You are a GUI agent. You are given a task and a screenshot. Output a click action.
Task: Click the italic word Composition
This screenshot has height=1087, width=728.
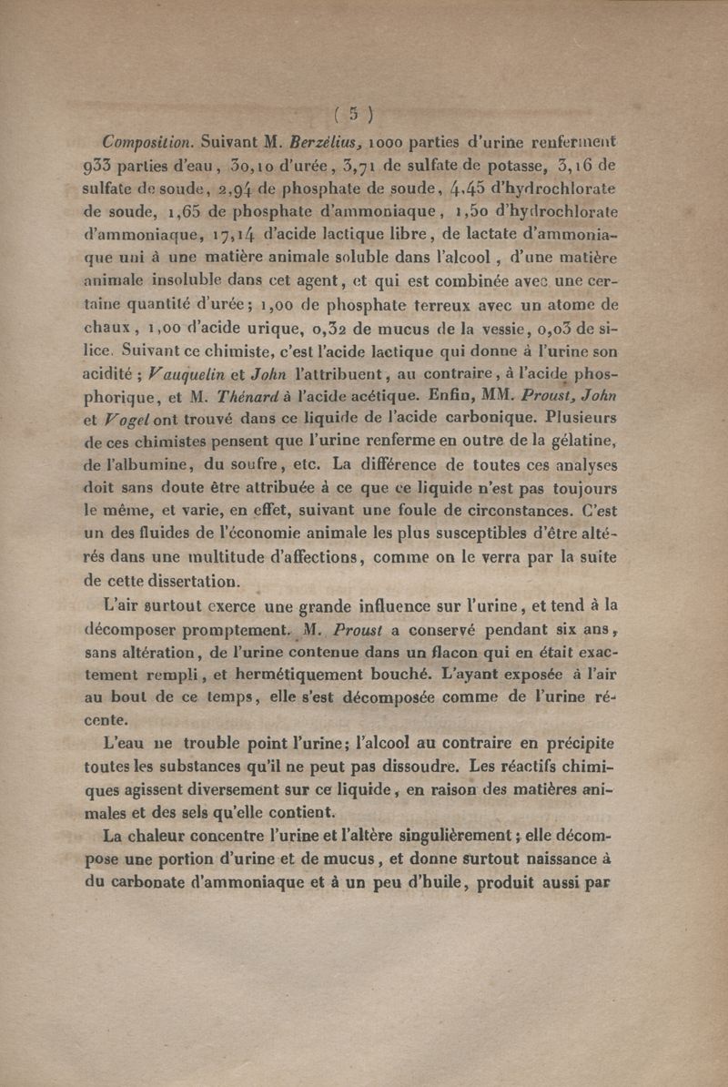point(147,142)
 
